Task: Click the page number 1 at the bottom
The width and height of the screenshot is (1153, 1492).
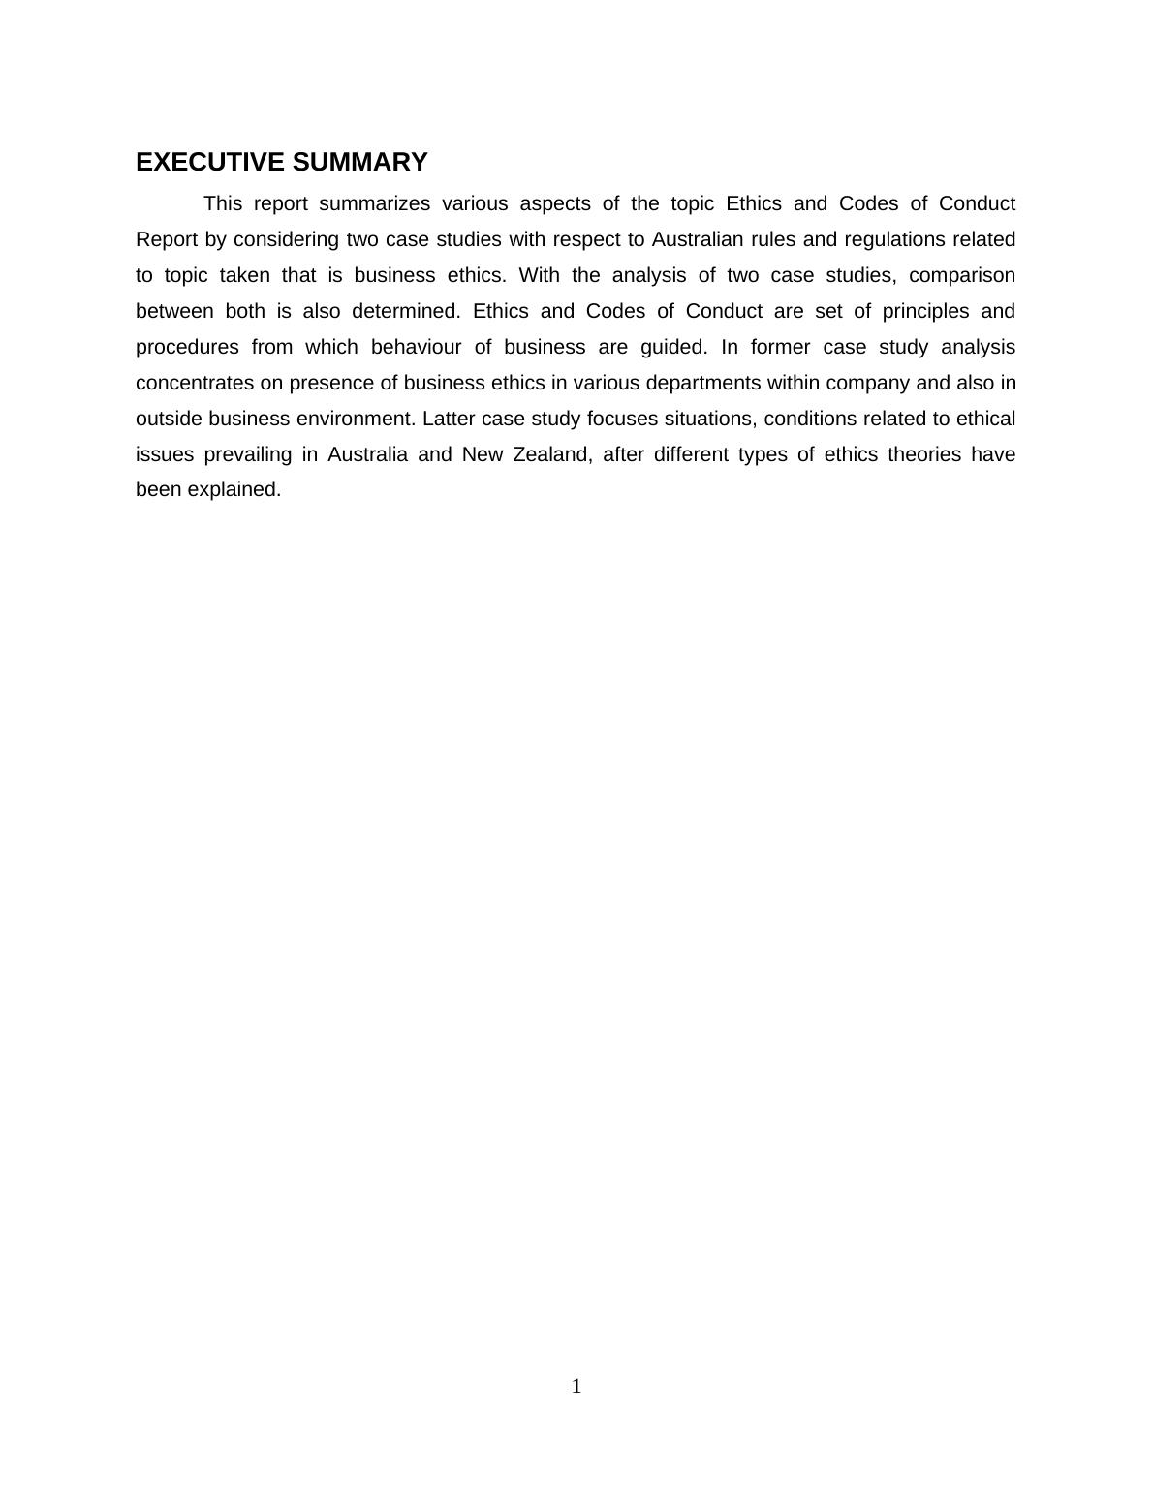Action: (576, 1386)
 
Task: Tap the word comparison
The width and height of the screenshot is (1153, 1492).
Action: (962, 275)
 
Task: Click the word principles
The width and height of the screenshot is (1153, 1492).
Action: (925, 311)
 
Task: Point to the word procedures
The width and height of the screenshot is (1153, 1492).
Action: (187, 347)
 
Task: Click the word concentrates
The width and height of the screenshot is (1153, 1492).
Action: (195, 383)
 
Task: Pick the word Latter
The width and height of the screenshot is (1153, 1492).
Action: (449, 419)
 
